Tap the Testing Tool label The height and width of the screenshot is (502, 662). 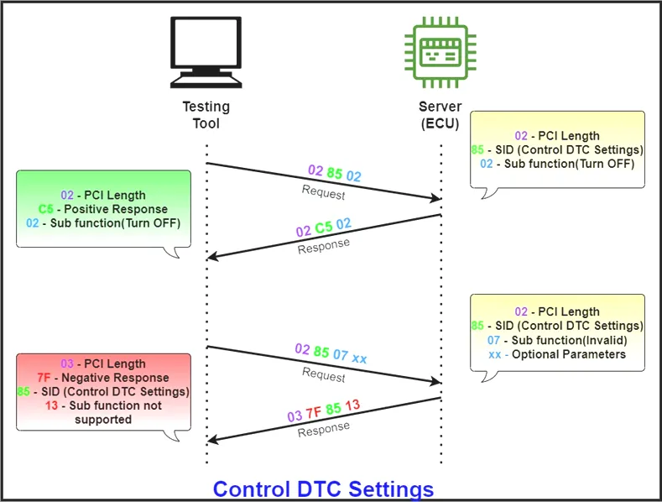click(x=206, y=115)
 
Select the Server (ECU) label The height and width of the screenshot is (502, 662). click(x=440, y=115)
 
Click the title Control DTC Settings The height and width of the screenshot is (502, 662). click(x=323, y=489)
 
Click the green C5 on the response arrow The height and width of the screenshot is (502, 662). click(x=324, y=227)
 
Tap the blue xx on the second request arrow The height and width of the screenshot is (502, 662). click(x=359, y=358)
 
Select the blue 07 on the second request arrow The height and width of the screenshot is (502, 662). click(x=340, y=355)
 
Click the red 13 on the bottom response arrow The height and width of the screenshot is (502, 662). click(x=353, y=405)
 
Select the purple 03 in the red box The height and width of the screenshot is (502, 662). click(x=68, y=364)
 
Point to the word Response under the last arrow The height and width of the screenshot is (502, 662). click(x=323, y=428)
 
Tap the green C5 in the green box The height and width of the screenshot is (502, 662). click(x=46, y=209)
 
